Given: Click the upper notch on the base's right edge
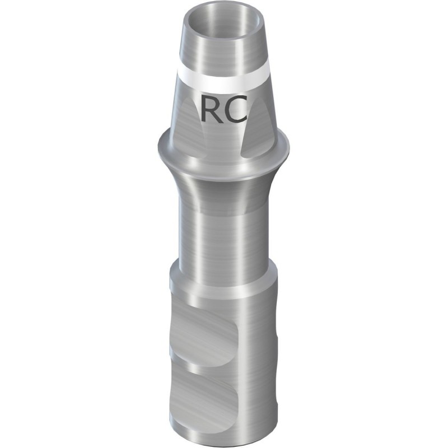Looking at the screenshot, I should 275,330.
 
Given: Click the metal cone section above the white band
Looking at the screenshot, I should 224,50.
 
